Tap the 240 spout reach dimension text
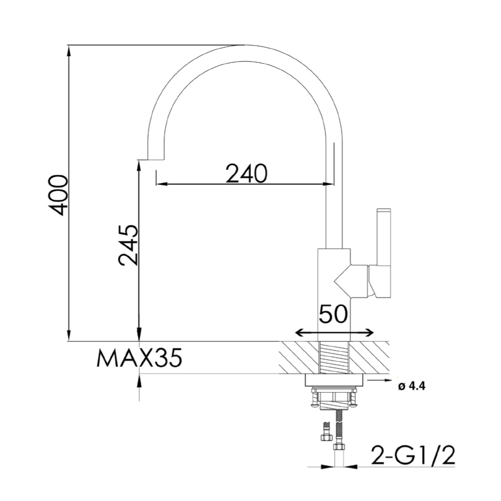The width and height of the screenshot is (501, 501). pyautogui.click(x=246, y=173)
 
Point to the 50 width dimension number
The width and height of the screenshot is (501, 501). pyautogui.click(x=334, y=314)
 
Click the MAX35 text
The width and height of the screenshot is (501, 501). pyautogui.click(x=139, y=359)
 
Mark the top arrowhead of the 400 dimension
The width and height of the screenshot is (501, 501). pyautogui.click(x=69, y=49)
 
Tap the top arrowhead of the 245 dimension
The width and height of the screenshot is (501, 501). pyautogui.click(x=139, y=165)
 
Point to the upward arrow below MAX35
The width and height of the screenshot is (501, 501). pyautogui.click(x=139, y=381)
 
